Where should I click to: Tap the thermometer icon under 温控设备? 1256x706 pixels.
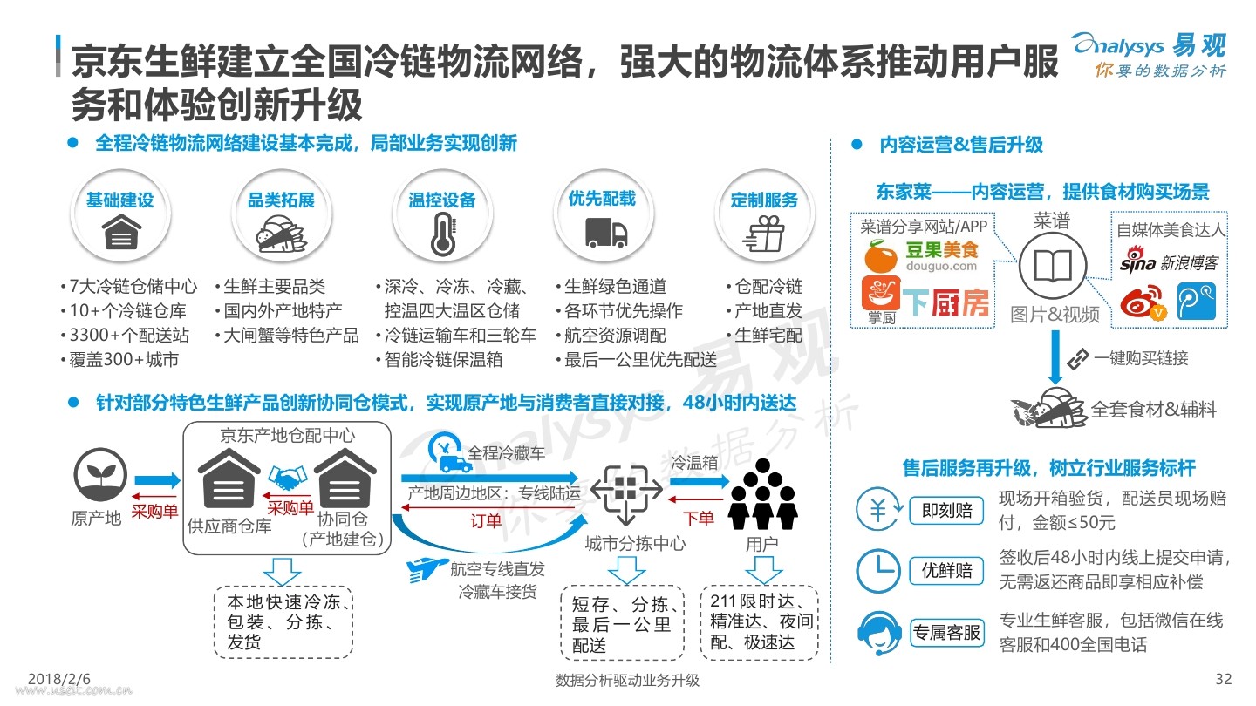click(443, 236)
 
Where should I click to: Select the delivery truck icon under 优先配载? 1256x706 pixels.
click(605, 233)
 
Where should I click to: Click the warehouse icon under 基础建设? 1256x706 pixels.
click(121, 233)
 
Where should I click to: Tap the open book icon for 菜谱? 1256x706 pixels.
click(1053, 266)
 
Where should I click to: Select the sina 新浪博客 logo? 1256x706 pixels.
click(1169, 261)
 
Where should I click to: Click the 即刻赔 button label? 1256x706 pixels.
click(946, 511)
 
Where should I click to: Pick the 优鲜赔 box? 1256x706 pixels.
click(946, 570)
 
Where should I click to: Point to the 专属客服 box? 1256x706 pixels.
click(946, 633)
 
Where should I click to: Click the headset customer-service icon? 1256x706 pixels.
click(878, 633)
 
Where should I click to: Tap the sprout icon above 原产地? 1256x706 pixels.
click(100, 474)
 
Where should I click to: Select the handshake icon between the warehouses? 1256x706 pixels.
click(287, 478)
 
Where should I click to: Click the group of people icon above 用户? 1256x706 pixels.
click(762, 493)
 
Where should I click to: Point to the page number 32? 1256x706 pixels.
click(1224, 679)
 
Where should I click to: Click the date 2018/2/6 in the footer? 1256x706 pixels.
click(59, 679)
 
